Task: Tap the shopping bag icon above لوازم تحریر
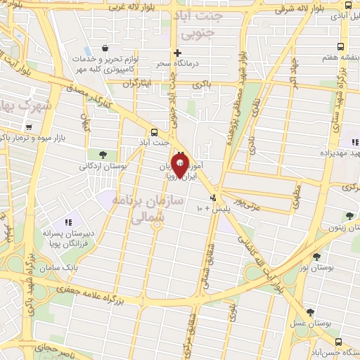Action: pos(105,49)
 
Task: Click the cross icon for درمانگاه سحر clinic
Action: pos(177,53)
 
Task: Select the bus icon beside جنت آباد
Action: pos(154,131)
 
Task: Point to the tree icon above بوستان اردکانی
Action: pos(103,155)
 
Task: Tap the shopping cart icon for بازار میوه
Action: pos(28,127)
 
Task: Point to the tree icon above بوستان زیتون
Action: pos(349,216)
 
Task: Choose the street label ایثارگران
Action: pos(138,83)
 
